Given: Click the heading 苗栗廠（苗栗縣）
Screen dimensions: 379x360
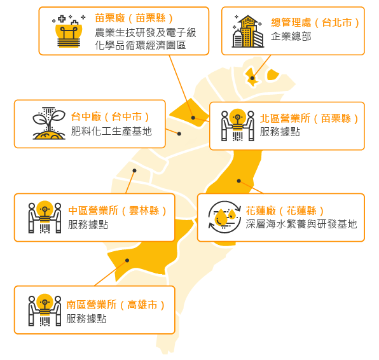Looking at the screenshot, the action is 134,18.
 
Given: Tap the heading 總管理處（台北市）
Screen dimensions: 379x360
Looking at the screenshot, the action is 315,23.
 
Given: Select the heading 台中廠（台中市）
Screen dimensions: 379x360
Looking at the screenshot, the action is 111,117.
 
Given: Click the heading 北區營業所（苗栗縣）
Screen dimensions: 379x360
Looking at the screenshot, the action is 309,118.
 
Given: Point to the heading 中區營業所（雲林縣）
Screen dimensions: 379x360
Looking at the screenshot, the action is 118,211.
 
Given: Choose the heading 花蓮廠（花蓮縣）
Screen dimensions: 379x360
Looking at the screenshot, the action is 285,211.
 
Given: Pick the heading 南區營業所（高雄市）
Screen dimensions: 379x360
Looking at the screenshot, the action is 116,305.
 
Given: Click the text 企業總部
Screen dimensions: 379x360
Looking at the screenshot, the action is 291,36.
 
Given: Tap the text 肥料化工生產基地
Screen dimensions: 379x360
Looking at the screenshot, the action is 111,131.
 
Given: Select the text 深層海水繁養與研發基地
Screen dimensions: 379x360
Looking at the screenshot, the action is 301,224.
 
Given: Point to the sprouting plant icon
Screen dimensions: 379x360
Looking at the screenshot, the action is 49,123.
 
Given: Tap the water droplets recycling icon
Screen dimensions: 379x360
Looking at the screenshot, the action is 224,217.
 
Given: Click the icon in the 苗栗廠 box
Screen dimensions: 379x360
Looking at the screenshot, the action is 69,31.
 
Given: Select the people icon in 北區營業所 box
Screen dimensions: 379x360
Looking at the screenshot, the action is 238,125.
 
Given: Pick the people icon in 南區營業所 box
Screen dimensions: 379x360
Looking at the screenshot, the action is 45,310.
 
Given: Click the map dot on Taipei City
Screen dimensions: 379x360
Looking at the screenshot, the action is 252,78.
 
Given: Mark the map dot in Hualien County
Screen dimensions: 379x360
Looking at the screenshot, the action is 239,181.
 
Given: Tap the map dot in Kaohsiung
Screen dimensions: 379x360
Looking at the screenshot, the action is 127,260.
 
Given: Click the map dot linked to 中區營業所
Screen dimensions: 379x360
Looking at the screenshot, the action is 134,170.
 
